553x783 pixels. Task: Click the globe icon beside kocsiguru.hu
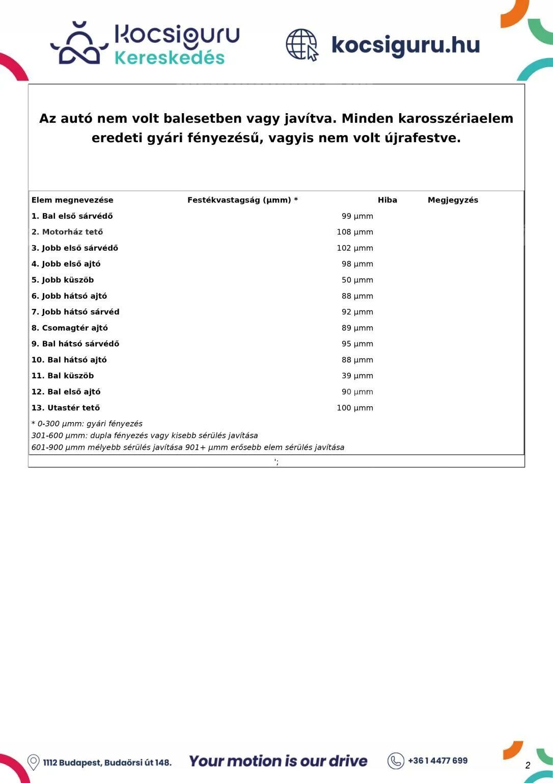coord(302,44)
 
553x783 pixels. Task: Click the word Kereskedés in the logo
coord(170,58)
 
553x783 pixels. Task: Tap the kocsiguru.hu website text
coord(405,45)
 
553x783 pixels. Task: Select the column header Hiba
coord(387,200)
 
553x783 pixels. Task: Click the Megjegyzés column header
coord(453,200)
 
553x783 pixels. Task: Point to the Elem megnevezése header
coord(72,200)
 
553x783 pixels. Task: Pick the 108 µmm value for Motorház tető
coord(354,232)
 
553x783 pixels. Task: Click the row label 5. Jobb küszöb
coord(63,280)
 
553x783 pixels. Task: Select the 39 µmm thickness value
coord(357,376)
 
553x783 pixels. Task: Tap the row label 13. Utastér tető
coord(66,408)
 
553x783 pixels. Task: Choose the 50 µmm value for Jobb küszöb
coord(357,280)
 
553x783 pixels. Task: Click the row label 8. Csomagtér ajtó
coord(70,328)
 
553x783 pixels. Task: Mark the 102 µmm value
coord(354,248)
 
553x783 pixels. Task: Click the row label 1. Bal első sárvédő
coord(72,216)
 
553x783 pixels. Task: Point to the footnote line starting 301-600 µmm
coord(145,435)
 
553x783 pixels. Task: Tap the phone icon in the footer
coord(396,761)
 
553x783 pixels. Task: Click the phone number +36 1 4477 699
coord(437,761)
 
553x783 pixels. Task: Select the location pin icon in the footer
coord(34,762)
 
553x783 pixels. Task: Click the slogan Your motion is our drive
coord(278,761)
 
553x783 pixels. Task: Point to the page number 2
coord(528,765)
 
